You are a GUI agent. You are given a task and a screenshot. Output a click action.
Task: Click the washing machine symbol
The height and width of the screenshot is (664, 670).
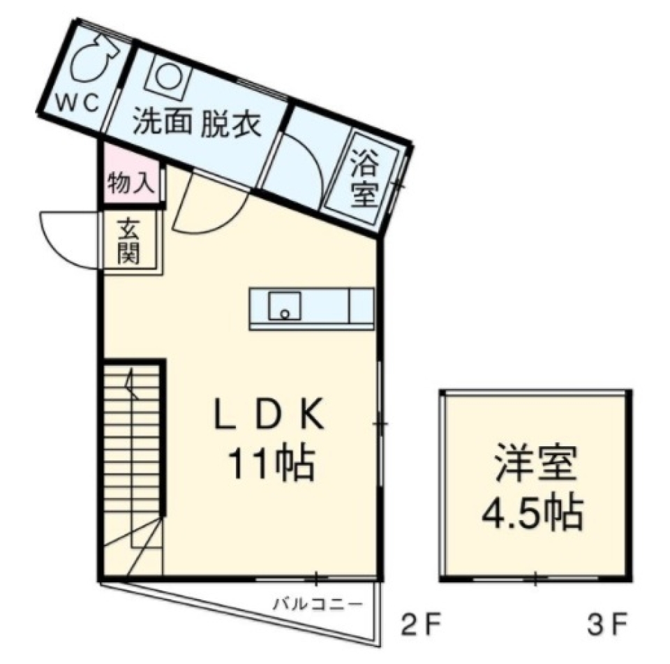[167, 76]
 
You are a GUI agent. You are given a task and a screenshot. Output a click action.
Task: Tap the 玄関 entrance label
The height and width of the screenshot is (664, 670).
[129, 240]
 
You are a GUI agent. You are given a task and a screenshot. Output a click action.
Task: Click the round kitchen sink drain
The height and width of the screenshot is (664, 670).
[284, 312]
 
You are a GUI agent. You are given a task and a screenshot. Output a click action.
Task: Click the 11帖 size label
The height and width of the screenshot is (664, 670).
[269, 463]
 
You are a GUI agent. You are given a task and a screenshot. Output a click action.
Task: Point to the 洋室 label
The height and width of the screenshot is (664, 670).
[536, 466]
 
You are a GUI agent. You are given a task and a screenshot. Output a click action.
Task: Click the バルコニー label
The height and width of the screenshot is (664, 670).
[318, 603]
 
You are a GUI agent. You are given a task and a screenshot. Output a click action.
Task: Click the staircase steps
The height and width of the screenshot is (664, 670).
[133, 447]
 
